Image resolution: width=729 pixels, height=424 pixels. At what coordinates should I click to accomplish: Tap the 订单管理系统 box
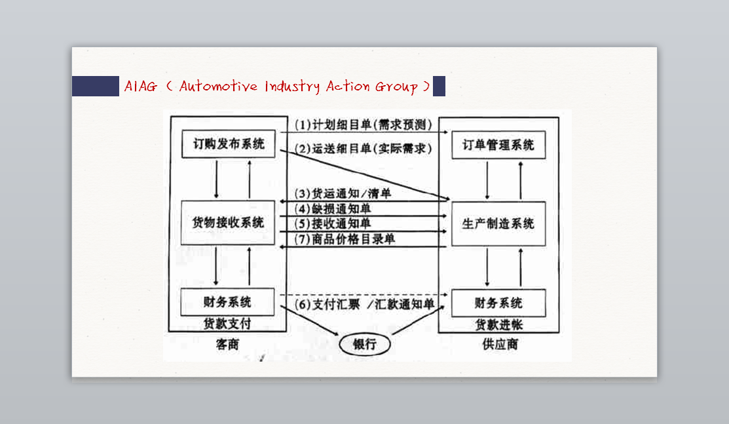click(498, 145)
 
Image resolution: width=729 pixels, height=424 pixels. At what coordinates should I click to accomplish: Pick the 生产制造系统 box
click(498, 224)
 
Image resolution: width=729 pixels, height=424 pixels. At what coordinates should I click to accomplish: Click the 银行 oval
click(365, 343)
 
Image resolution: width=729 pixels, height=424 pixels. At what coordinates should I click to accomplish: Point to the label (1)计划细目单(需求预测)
click(363, 125)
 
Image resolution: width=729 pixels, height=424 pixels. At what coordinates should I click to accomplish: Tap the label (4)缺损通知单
click(333, 209)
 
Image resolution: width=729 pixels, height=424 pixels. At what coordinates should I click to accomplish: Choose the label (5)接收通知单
click(333, 224)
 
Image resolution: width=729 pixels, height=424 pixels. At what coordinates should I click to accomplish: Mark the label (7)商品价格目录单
click(345, 239)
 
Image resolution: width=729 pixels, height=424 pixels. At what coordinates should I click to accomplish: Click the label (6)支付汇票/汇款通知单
click(364, 305)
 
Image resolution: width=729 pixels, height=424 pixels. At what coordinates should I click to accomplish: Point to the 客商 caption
click(227, 344)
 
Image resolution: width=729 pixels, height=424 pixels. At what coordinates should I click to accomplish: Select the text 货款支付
click(227, 324)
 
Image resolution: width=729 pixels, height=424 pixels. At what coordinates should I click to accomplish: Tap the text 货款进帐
click(498, 324)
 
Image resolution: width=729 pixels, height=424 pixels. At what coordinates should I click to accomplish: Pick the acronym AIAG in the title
click(141, 86)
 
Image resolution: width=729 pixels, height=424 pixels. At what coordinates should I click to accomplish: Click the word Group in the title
click(396, 87)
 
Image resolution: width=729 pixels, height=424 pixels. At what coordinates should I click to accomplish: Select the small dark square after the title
click(439, 86)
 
